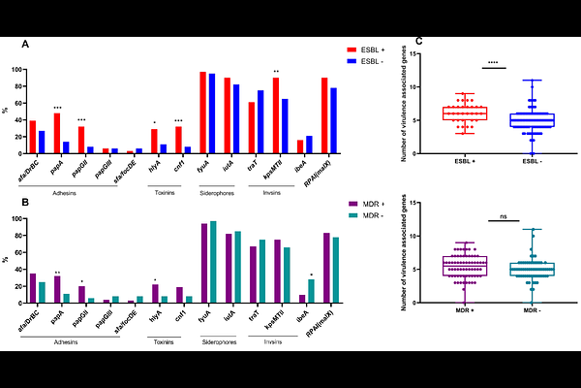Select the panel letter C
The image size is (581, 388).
click(418, 42)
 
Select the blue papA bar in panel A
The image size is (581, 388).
click(66, 147)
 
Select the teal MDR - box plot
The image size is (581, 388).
click(532, 269)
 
